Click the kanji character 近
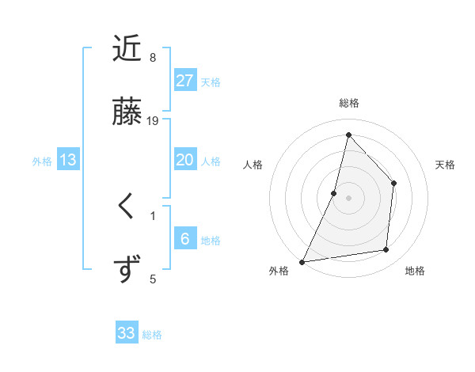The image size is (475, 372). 127,50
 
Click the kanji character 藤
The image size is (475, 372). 127,112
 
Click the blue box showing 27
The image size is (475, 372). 185,81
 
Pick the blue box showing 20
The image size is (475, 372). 185,160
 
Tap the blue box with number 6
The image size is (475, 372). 185,239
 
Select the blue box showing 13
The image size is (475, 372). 68,160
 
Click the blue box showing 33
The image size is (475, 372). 127,333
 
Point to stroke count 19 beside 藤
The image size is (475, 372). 154,121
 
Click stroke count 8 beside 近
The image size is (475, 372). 153,58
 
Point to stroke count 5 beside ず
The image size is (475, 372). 153,279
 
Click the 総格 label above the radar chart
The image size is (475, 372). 349,103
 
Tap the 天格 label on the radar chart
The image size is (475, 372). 446,165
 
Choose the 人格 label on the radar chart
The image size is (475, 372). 253,165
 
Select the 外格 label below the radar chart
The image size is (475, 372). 279,271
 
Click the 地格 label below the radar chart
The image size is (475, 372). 415,271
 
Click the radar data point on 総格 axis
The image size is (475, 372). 348,135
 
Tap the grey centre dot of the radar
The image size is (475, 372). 348,198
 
